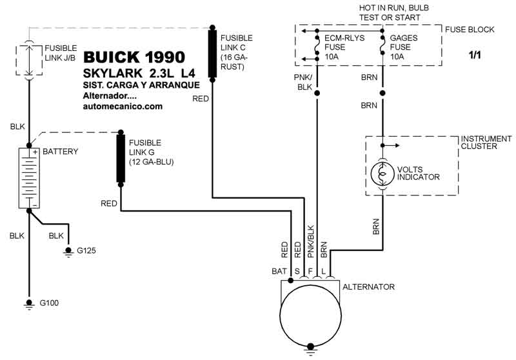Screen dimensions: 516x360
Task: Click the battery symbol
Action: [29, 178]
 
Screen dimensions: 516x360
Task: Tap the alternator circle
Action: [310, 315]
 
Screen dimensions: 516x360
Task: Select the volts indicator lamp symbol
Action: [382, 174]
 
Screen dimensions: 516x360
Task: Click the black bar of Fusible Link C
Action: [213, 54]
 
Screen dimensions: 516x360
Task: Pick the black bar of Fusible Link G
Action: [121, 159]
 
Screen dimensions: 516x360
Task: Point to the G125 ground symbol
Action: [68, 252]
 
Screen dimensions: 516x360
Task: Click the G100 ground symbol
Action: [29, 304]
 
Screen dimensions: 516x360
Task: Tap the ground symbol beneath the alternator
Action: [310, 349]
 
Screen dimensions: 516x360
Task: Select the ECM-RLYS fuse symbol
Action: [317, 45]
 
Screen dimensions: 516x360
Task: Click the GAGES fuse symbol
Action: [382, 45]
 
